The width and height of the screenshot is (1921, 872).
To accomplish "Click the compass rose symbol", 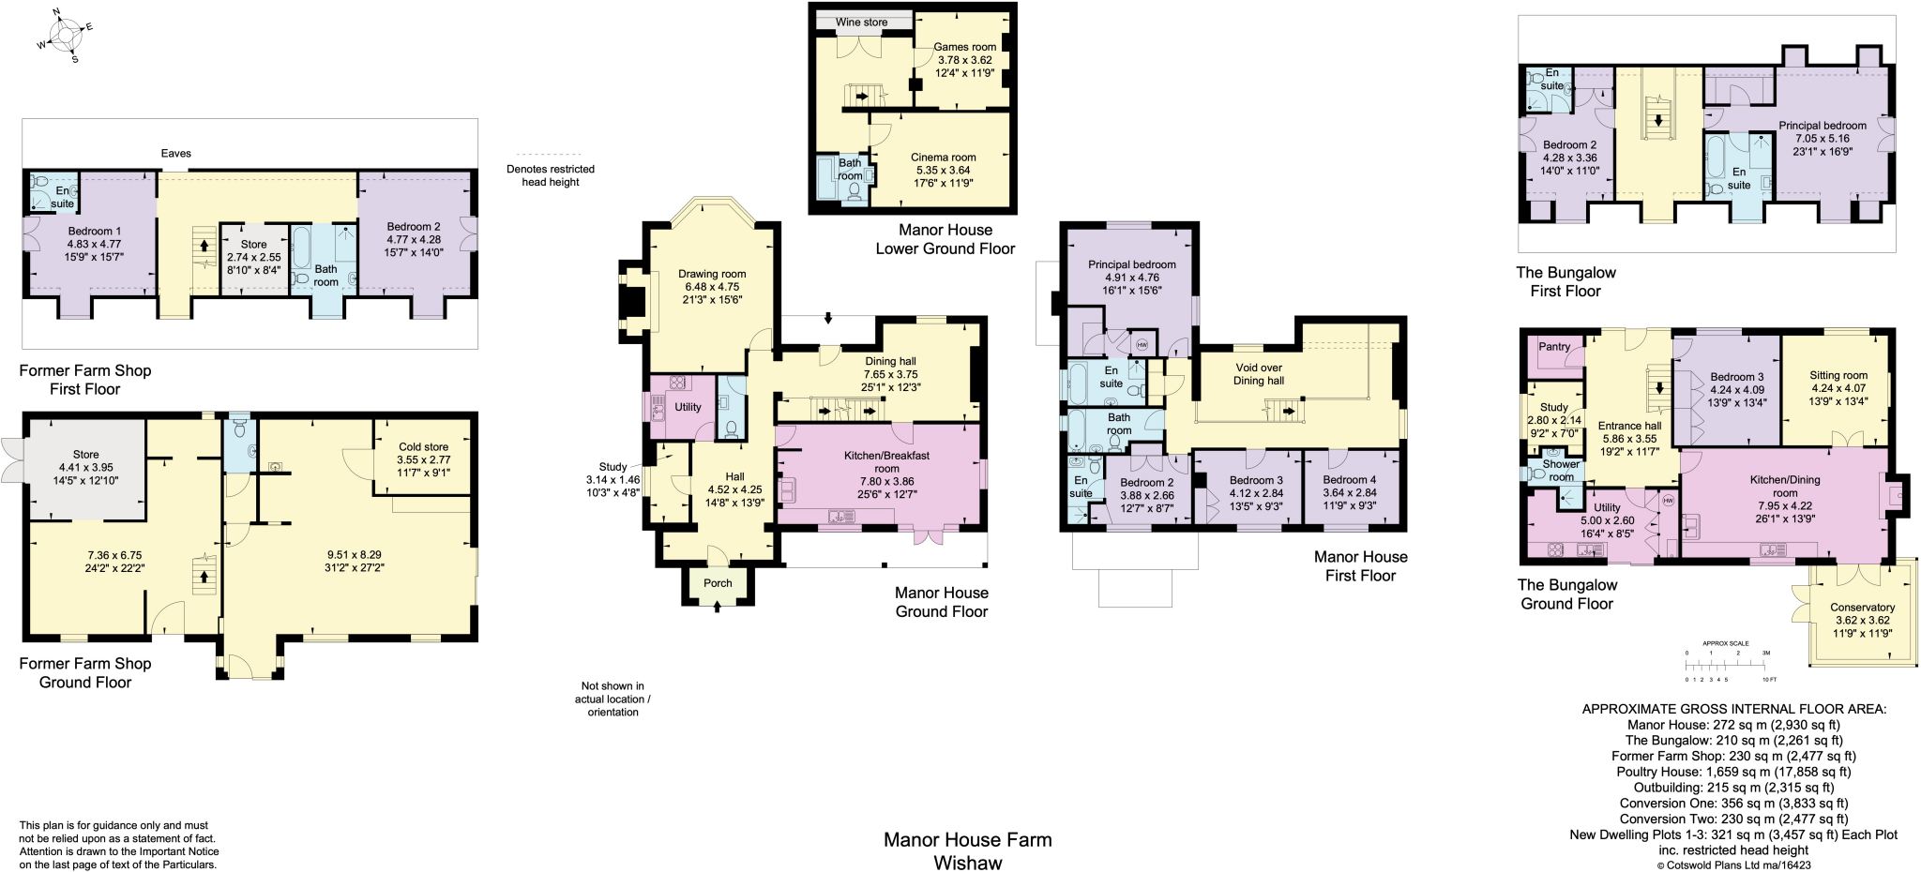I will (x=65, y=37).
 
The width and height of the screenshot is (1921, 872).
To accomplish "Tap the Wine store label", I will (x=861, y=23).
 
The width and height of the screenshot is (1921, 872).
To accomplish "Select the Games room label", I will (x=964, y=47).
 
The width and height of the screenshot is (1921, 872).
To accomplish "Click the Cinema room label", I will (x=943, y=158).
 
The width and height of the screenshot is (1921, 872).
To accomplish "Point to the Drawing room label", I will (x=712, y=275).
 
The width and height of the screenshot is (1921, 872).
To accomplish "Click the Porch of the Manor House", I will (x=718, y=583).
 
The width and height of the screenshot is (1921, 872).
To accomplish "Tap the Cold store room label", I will (x=423, y=447).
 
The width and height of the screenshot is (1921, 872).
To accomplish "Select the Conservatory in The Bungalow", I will (x=1862, y=608).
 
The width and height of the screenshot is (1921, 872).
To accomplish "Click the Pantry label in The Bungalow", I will (x=1554, y=347).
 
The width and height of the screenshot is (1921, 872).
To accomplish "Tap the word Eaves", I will (x=175, y=154).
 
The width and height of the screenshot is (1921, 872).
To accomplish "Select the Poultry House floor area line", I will (x=1733, y=772).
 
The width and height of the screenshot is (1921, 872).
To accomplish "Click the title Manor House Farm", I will (x=967, y=840).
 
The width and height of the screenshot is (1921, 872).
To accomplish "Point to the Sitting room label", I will (x=1838, y=375).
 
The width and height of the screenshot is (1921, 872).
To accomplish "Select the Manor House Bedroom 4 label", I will (x=1349, y=480).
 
